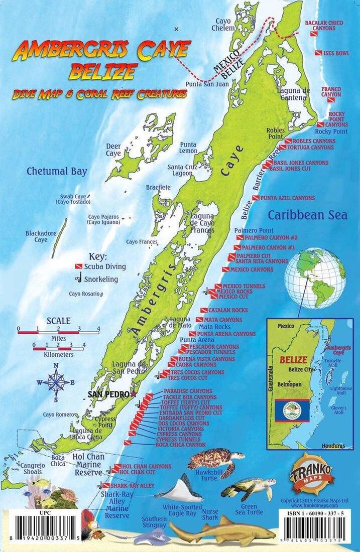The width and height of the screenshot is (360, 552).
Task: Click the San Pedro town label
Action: [x=108, y=394]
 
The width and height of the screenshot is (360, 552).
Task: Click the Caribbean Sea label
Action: [x=307, y=215]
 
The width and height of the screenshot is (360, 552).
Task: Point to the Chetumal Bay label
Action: [x=57, y=172]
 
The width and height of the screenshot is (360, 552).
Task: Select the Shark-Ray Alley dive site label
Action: [x=133, y=486]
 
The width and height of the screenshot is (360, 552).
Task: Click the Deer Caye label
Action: [x=113, y=150]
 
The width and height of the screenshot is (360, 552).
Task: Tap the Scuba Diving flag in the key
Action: [x=78, y=266]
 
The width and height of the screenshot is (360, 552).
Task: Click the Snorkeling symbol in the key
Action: [x=79, y=279]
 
